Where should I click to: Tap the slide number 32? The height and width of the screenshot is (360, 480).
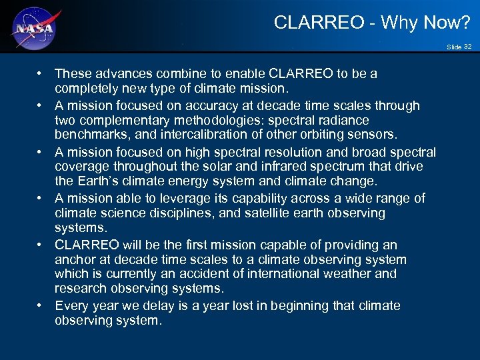click(467, 47)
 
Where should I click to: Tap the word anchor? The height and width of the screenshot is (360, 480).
click(75, 259)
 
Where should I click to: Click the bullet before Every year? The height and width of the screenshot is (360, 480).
click(41, 305)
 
